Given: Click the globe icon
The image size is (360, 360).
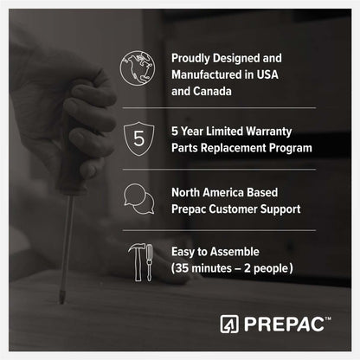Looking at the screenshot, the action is click(138, 68).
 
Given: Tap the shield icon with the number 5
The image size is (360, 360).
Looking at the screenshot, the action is click(138, 138).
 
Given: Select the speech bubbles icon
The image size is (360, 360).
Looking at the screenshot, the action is click(138, 199).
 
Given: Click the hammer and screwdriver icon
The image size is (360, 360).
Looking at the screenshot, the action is click(140, 262).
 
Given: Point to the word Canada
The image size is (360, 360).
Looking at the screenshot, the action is click(212, 92).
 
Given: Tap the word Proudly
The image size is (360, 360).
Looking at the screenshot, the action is click(190, 59).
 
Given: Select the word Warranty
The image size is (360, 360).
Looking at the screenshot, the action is click(269, 132).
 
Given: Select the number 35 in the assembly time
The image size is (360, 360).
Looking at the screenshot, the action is click(182, 268).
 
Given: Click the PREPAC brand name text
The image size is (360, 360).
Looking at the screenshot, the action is click(284, 325).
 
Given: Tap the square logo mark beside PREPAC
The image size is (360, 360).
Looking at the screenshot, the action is click(229, 325).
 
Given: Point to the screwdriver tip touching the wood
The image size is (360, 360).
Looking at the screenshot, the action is click(61, 301).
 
